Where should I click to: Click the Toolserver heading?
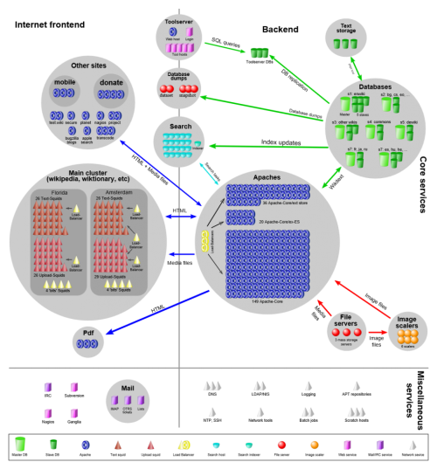tap(178, 21)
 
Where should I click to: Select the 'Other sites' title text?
tap(88, 66)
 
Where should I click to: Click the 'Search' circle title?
tap(178, 126)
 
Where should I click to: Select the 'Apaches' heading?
tap(267, 177)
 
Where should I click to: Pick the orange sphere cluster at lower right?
tap(407, 336)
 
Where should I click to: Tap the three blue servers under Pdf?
tap(87, 344)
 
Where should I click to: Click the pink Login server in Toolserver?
tap(190, 32)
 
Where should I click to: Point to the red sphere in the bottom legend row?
tap(281, 445)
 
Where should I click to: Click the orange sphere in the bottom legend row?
tap(315, 445)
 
